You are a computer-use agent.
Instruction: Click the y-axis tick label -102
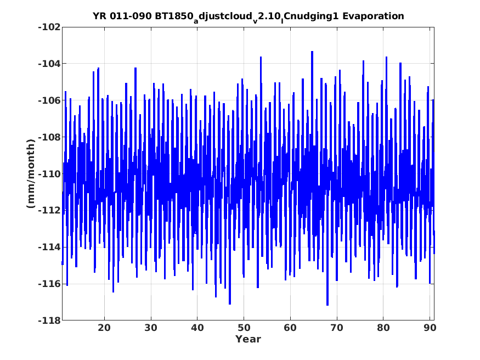(49, 27)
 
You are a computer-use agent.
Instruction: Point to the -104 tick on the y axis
(49, 64)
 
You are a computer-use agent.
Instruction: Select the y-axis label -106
(49, 100)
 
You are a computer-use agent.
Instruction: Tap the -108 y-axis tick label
(49, 137)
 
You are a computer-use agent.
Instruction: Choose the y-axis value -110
(49, 174)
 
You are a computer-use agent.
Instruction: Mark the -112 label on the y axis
(49, 211)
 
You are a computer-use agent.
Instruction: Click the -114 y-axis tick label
(49, 248)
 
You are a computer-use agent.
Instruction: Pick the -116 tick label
(49, 284)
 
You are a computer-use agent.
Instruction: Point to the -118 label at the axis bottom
(49, 321)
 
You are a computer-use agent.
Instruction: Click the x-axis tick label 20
(104, 328)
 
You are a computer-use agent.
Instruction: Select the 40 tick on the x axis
(197, 328)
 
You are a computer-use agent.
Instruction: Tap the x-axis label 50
(244, 328)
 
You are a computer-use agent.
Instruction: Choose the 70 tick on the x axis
(337, 328)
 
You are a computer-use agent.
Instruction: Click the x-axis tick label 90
(430, 328)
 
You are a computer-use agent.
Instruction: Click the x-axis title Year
(248, 339)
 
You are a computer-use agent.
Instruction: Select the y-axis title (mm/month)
(31, 173)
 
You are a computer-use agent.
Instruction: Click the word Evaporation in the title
(373, 16)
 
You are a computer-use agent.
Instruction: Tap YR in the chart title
(99, 16)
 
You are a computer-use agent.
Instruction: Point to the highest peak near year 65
(312, 52)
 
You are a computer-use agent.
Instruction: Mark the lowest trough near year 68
(327, 305)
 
